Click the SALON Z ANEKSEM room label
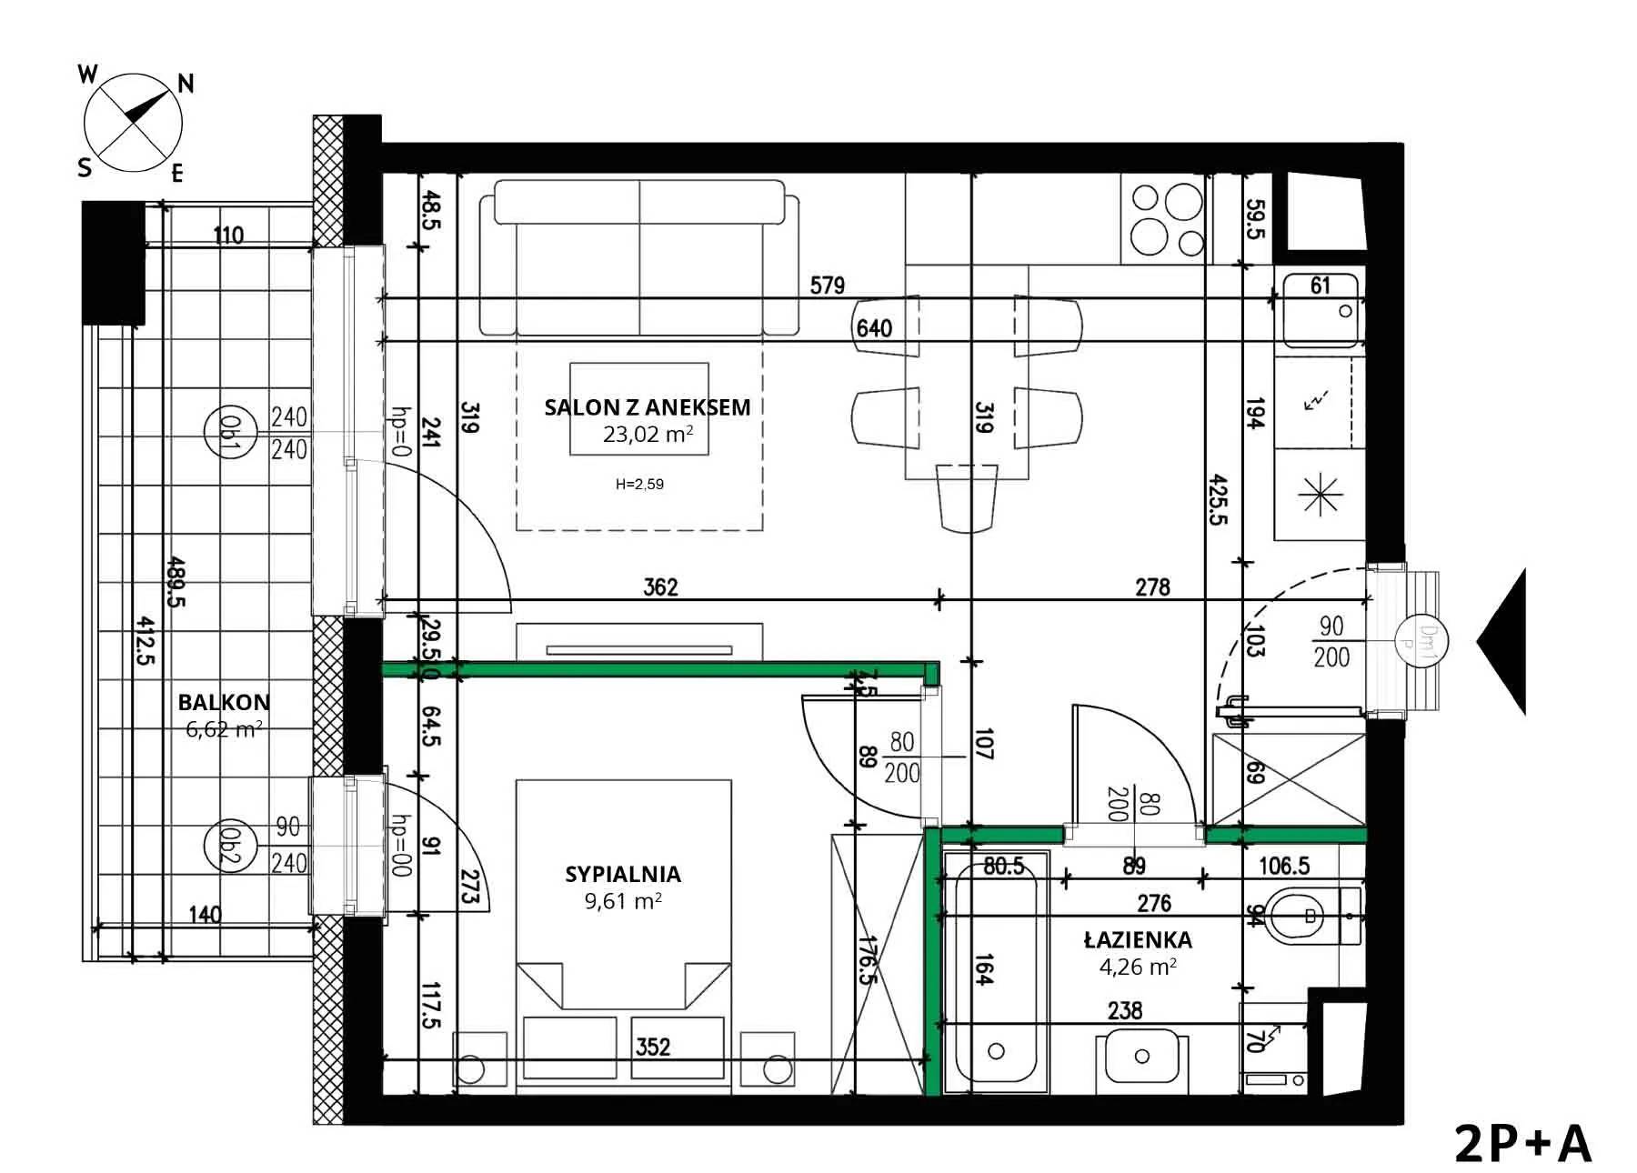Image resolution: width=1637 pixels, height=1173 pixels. pyautogui.click(x=648, y=407)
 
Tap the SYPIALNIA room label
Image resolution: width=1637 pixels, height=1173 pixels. pyautogui.click(x=623, y=875)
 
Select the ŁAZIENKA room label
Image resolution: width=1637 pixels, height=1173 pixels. pyautogui.click(x=1138, y=939)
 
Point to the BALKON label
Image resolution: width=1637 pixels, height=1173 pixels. pyautogui.click(x=224, y=702)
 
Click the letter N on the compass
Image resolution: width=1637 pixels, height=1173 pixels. pyautogui.click(x=186, y=84)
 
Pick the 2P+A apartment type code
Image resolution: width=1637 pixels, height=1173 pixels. pyautogui.click(x=1523, y=1144)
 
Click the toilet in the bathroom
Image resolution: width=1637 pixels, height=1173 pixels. pyautogui.click(x=1313, y=916)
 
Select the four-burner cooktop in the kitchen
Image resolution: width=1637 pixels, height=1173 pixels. pyautogui.click(x=1167, y=219)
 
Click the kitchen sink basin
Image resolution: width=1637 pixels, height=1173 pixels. pyautogui.click(x=1321, y=309)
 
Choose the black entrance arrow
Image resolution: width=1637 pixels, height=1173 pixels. pyautogui.click(x=1502, y=642)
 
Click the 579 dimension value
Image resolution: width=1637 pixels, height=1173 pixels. pyautogui.click(x=827, y=286)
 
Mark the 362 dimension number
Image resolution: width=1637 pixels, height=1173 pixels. pyautogui.click(x=660, y=587)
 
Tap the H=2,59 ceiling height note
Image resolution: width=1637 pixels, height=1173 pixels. pyautogui.click(x=639, y=485)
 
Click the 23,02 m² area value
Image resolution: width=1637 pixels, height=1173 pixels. pyautogui.click(x=648, y=434)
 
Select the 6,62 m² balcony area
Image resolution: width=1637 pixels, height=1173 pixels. pyautogui.click(x=224, y=728)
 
